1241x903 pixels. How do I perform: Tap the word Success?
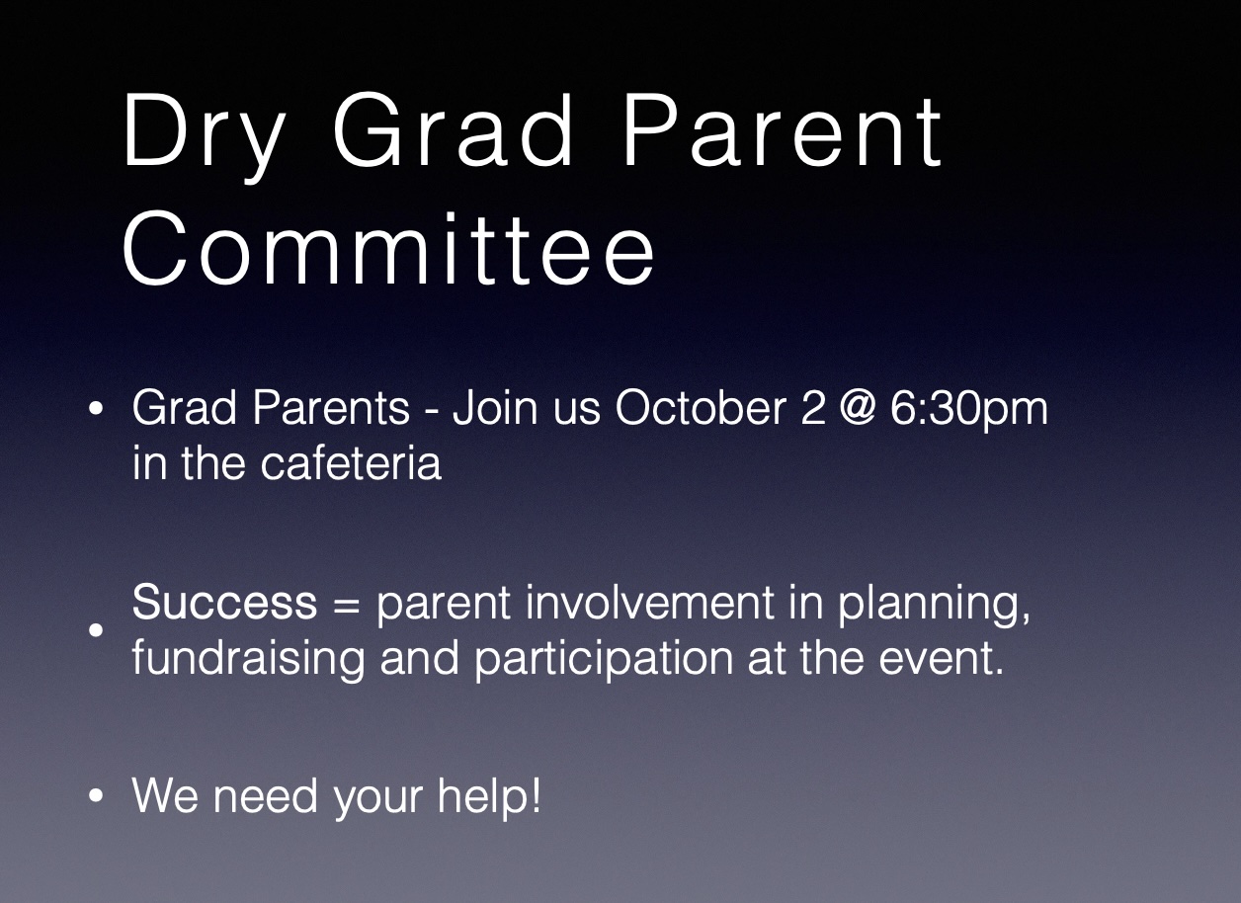tap(224, 602)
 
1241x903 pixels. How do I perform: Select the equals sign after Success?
tap(347, 604)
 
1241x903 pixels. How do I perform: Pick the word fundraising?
tap(248, 660)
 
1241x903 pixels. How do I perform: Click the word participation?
tap(604, 660)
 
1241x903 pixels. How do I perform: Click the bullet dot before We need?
tap(96, 795)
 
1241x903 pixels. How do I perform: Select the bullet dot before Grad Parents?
tap(96, 408)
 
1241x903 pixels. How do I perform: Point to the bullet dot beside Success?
tap(96, 630)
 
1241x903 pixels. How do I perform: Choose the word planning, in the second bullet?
tap(934, 605)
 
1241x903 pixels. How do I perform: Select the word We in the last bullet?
tap(165, 795)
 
